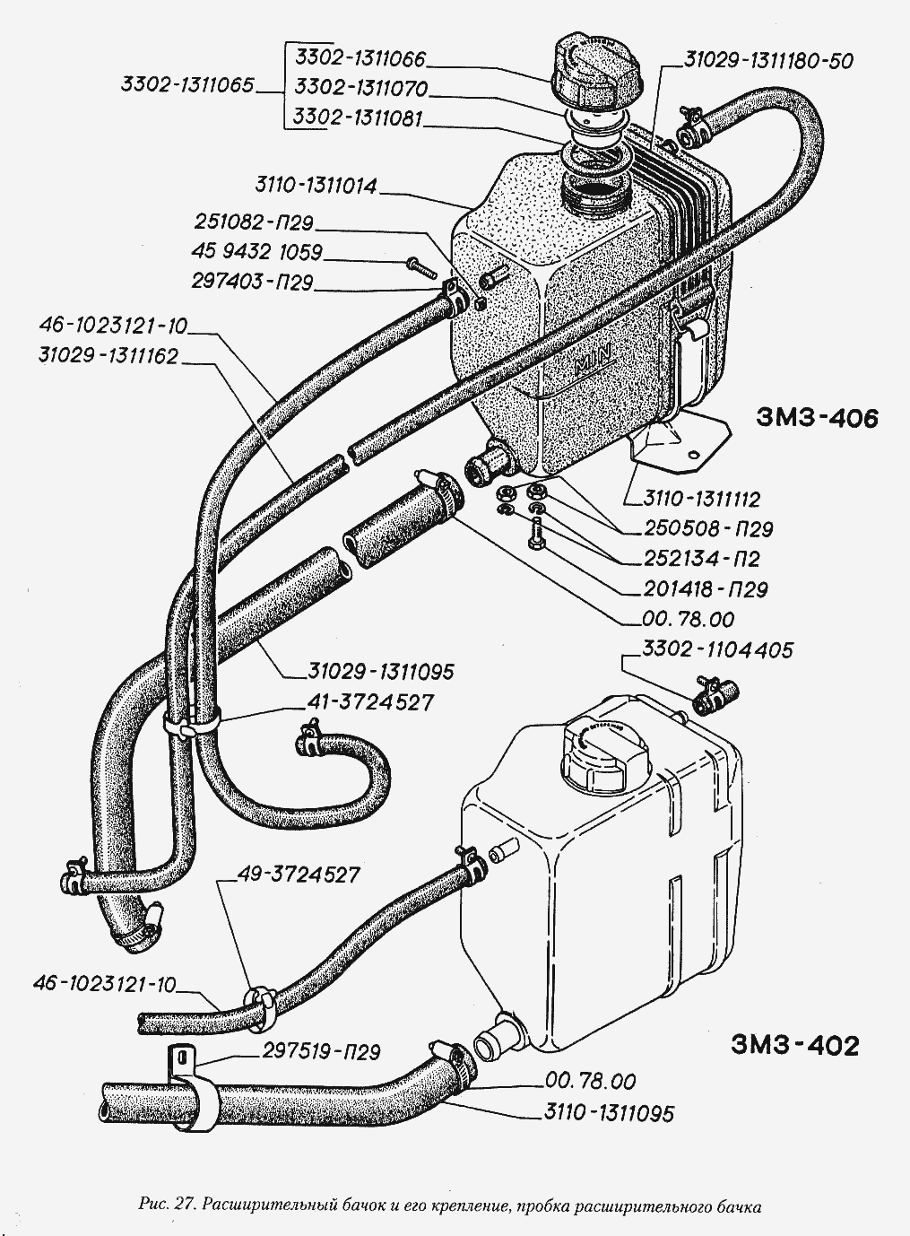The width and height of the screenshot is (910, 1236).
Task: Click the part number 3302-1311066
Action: point(360,58)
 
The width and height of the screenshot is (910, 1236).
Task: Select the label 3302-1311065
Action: point(187,85)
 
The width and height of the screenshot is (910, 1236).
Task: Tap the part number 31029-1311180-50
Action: point(768,59)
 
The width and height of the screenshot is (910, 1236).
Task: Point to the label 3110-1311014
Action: point(316,186)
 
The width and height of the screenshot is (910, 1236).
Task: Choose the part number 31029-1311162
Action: point(108,356)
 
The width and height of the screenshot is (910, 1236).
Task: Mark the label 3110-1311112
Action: point(701,500)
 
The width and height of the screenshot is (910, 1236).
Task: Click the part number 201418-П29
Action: point(706,589)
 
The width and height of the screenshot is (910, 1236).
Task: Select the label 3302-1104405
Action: point(717,650)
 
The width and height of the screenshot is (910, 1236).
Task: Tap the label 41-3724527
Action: point(370,703)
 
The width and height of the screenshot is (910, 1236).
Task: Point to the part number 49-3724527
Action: point(299,874)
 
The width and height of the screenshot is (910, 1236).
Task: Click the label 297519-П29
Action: point(321,1052)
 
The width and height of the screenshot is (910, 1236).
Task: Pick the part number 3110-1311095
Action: point(609,1113)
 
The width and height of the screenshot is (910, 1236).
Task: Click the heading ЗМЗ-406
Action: point(816,418)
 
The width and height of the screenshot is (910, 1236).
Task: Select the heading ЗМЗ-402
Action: point(794,1046)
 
